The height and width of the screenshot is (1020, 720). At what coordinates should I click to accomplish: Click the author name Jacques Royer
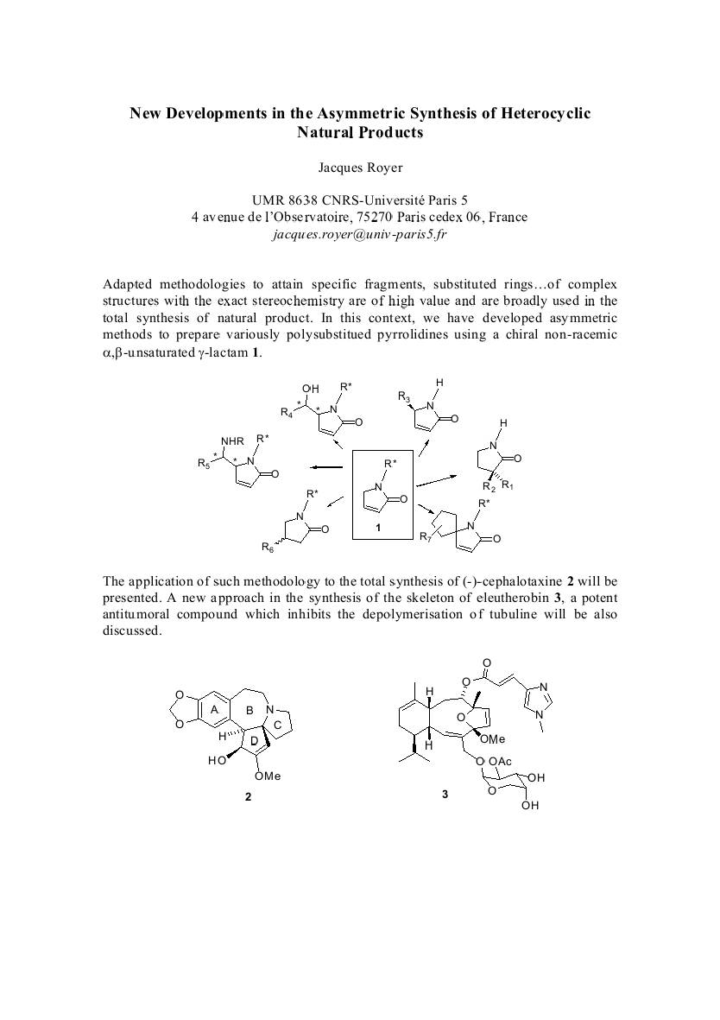[x=360, y=168]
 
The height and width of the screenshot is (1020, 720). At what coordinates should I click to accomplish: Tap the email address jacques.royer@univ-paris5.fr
[x=360, y=233]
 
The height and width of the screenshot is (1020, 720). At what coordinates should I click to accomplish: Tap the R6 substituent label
[x=267, y=547]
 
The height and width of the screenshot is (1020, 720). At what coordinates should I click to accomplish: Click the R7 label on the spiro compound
[x=425, y=539]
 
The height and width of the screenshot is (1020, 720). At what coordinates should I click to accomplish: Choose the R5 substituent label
[x=204, y=465]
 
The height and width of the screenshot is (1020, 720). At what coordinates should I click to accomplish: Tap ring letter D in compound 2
[x=254, y=741]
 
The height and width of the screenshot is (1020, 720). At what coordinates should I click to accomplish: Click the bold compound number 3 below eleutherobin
[x=445, y=794]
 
